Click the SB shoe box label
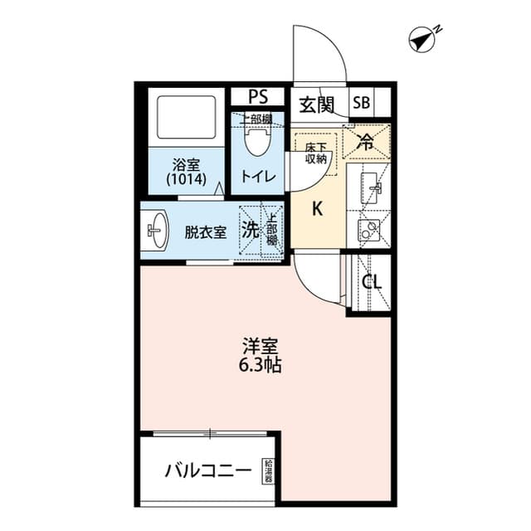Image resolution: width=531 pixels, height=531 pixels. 361,104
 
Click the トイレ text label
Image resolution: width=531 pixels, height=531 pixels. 257,176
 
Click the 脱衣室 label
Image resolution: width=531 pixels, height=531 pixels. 205,232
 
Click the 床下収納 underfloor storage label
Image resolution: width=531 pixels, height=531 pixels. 315,153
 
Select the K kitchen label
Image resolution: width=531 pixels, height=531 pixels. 316,208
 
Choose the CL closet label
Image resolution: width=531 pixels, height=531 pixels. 372,281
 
